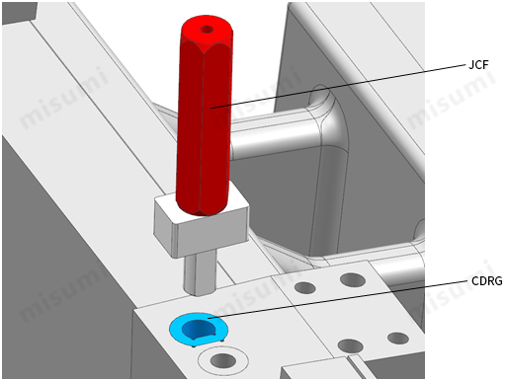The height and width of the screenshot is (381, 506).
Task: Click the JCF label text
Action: point(478,65)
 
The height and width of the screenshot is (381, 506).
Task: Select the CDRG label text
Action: point(486,281)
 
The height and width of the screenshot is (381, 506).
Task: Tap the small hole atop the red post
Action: point(207,30)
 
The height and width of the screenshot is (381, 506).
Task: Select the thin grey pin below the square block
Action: point(200,273)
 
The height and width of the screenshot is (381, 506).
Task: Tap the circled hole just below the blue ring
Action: point(223,360)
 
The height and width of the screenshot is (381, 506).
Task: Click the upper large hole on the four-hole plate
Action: point(353,280)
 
